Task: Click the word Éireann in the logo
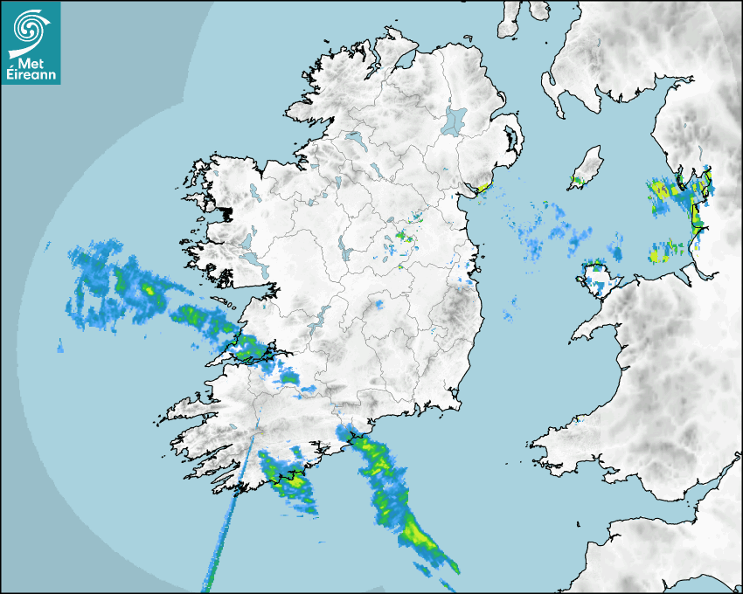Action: pyautogui.click(x=31, y=76)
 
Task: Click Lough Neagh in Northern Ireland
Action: pyautogui.click(x=455, y=120)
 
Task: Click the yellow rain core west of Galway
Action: pyautogui.click(x=148, y=287)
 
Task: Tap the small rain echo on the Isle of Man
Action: pyautogui.click(x=576, y=182)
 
